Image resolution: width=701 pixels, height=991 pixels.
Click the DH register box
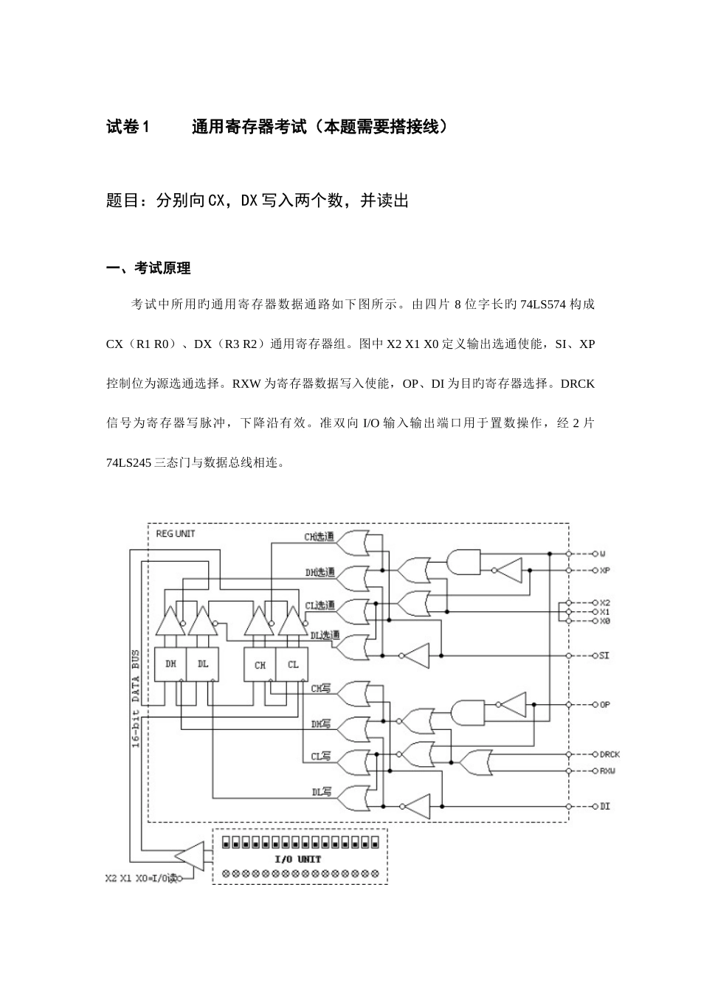(x=170, y=664)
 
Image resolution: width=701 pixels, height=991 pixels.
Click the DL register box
(x=203, y=664)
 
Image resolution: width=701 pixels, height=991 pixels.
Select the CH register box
(x=260, y=664)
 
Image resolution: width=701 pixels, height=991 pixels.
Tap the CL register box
(x=293, y=664)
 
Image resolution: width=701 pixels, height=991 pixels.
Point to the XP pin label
(x=604, y=571)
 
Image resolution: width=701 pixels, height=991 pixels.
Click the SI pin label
(x=604, y=656)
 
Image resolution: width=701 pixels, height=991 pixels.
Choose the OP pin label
(x=605, y=705)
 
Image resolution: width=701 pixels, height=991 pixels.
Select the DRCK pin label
(x=610, y=754)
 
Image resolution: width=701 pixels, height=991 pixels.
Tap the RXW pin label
(x=607, y=771)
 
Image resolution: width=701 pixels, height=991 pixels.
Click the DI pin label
(x=605, y=806)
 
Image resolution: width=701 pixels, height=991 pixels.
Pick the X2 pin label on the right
(x=605, y=602)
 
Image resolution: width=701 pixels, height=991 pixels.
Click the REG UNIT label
(x=175, y=533)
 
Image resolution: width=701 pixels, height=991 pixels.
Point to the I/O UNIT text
(x=297, y=859)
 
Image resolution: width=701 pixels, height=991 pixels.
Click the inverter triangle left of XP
(x=508, y=570)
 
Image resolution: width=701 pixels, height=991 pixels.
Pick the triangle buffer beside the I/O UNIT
(x=191, y=855)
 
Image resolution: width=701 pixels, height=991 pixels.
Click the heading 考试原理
(x=162, y=268)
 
